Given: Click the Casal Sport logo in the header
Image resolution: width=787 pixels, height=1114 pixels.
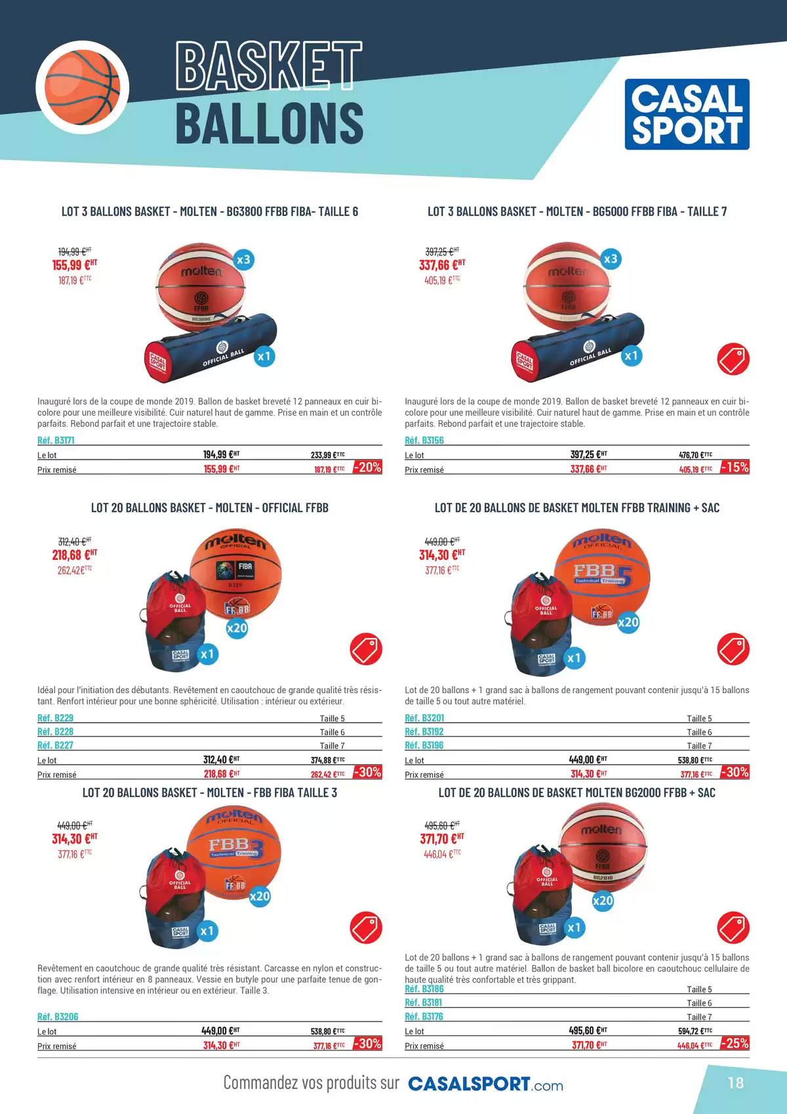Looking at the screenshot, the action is [687, 114].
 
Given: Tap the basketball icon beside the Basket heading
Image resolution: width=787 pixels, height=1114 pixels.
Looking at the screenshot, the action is [83, 87].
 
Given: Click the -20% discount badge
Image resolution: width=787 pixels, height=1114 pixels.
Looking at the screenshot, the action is [367, 467].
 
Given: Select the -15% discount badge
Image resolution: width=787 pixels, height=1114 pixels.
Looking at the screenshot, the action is [735, 467].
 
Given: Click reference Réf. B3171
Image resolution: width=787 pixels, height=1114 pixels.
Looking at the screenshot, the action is [56, 440].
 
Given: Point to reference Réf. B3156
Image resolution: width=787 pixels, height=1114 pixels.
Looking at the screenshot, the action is [424, 440].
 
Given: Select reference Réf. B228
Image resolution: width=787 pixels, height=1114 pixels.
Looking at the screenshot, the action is [55, 731].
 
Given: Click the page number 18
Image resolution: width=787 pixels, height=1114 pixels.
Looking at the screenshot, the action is [735, 1082].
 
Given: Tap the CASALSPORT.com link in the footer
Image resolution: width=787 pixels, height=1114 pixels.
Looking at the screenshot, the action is [485, 1084].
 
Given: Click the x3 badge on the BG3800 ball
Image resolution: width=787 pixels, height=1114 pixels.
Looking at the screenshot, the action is [243, 259].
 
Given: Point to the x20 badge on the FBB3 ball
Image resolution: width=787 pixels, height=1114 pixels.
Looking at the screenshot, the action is [259, 896].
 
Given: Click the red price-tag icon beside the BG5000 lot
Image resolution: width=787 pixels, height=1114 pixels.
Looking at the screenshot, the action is [733, 358].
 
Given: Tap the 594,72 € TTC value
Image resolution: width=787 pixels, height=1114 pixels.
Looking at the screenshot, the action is [695, 1031].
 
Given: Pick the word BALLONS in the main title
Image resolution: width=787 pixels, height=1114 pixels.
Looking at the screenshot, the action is [270, 122].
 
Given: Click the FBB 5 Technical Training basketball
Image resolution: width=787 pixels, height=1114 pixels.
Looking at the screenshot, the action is [601, 576].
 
